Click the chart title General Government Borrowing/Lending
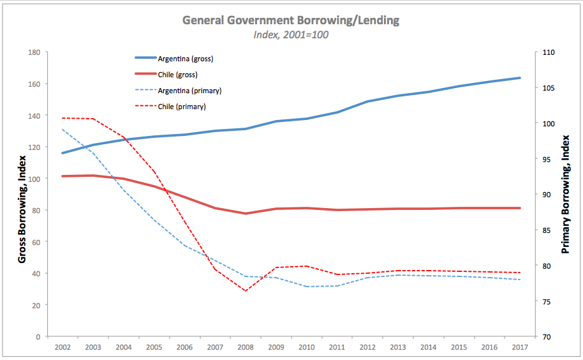[x=291, y=20]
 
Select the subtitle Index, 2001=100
[x=291, y=34]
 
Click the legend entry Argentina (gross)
[x=185, y=59]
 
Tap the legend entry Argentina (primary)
[x=189, y=91]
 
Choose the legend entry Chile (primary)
[x=181, y=107]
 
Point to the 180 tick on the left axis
[x=35, y=52]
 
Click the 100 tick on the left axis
[x=35, y=179]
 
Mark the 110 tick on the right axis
[x=548, y=52]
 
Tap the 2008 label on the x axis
[x=246, y=348]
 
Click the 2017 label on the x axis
[x=520, y=348]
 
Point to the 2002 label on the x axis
[x=63, y=348]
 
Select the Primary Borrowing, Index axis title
[x=565, y=194]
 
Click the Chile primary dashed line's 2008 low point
[x=246, y=291]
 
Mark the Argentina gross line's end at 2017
[x=520, y=78]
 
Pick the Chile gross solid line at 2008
[x=246, y=213]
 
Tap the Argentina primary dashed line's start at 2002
[x=63, y=130]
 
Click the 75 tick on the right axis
[x=546, y=301]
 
